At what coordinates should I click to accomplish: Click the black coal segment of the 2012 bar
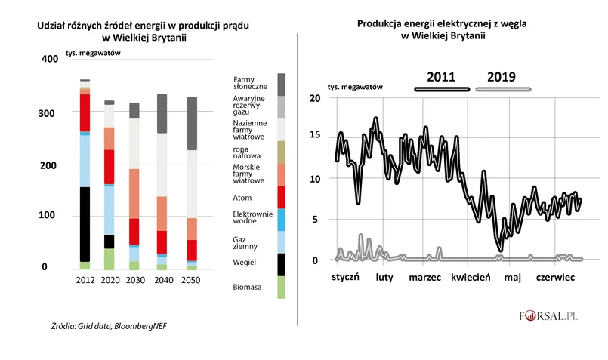tap(85, 224)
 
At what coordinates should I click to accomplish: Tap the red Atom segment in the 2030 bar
tap(134, 231)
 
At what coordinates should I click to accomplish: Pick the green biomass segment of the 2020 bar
tap(110, 259)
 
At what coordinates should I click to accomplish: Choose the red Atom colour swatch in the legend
tap(281, 197)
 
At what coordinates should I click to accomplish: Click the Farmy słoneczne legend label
tap(248, 82)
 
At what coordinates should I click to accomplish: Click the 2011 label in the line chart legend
tap(440, 77)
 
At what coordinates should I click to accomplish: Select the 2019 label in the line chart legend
tap(502, 77)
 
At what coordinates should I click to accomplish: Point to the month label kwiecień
tap(471, 278)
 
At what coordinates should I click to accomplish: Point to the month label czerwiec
tap(555, 278)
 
